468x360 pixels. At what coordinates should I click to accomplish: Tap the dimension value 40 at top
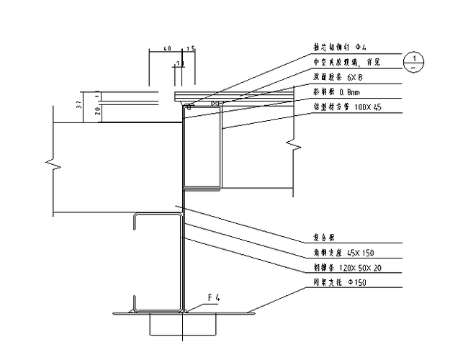point(167,49)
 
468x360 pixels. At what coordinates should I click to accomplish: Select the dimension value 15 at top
point(191,49)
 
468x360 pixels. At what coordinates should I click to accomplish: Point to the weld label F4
point(213,297)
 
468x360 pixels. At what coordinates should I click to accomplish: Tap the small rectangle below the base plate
point(184,325)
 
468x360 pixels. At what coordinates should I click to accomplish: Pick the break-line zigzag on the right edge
point(294,148)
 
